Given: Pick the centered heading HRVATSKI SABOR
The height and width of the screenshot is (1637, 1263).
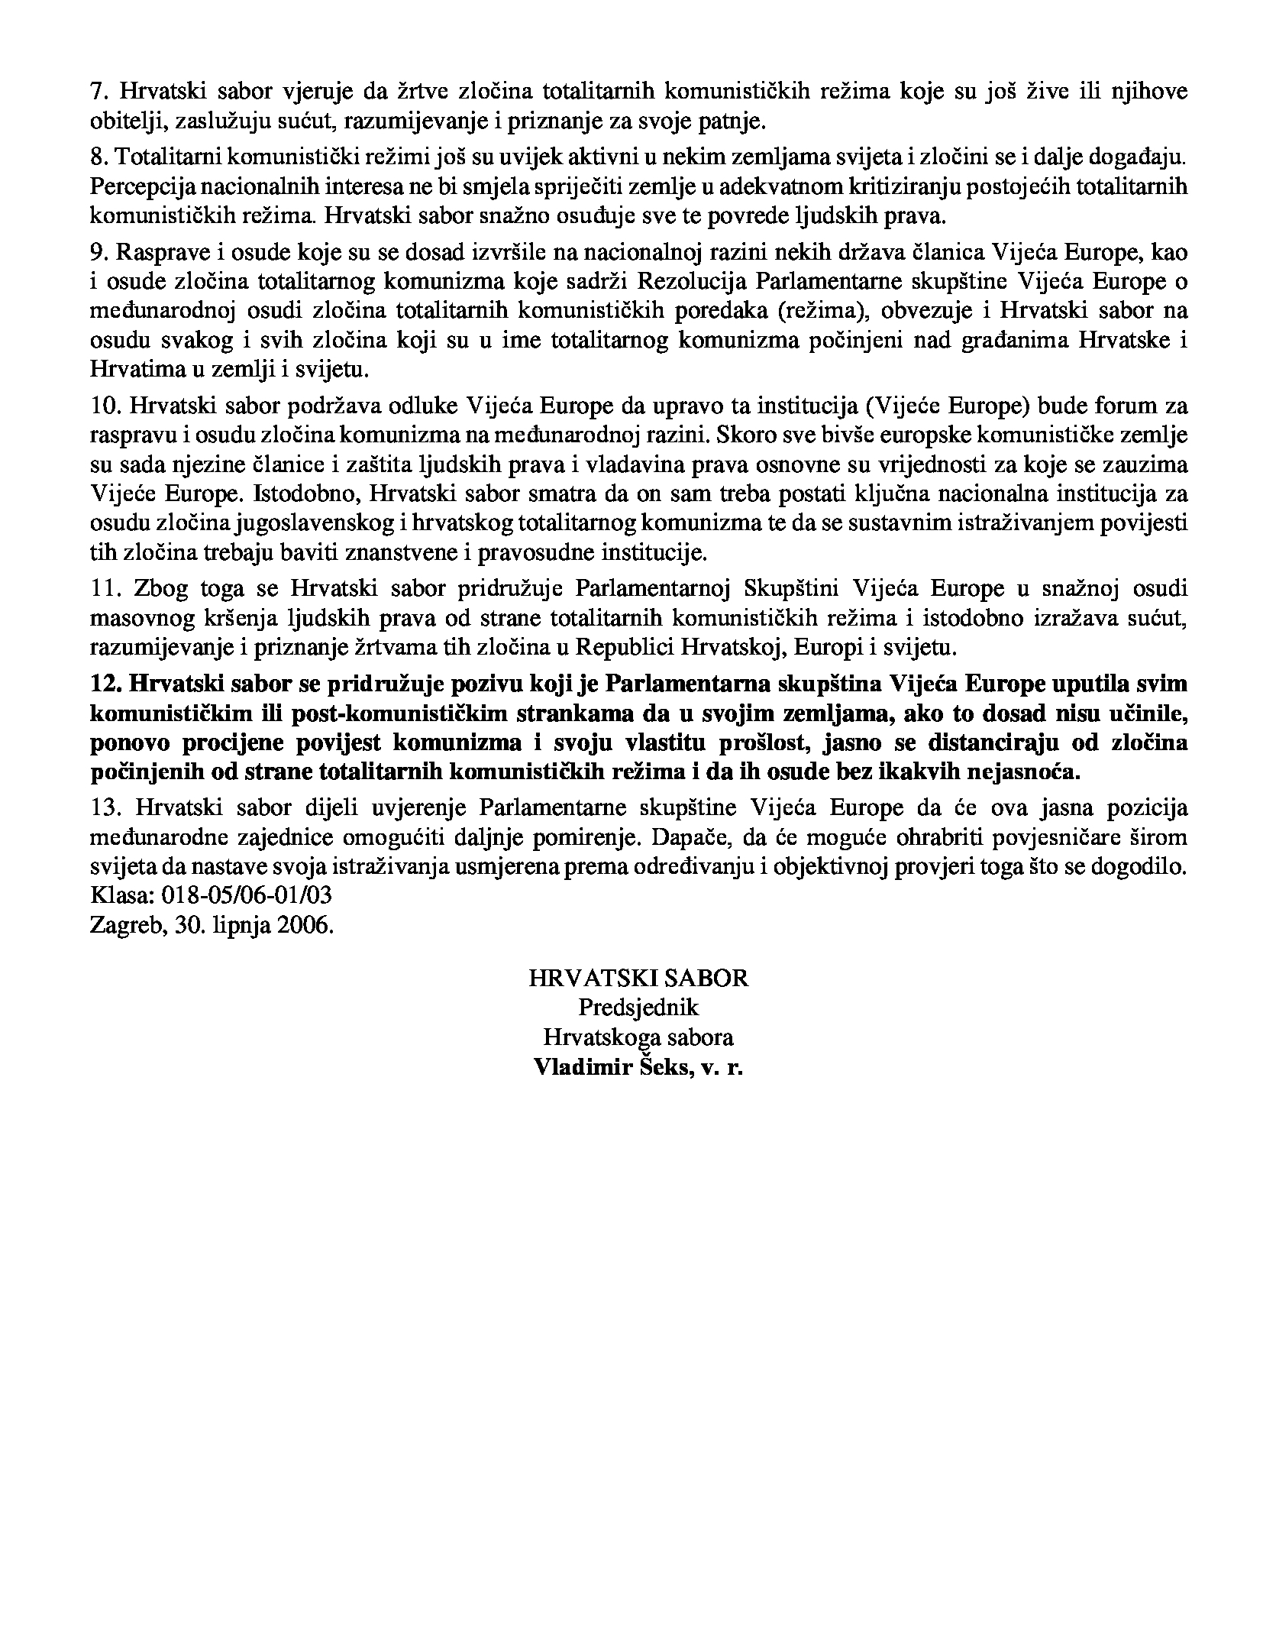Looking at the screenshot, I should click(x=638, y=979).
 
